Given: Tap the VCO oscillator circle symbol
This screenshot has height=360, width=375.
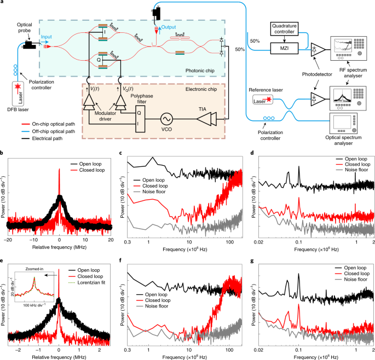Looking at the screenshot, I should click(x=166, y=118).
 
